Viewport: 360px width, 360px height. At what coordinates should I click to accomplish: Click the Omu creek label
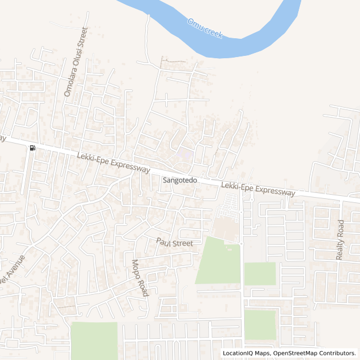click(205, 28)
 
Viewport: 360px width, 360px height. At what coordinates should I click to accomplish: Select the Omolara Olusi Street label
click(76, 62)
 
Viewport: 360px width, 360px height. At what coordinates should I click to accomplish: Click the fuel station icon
click(32, 148)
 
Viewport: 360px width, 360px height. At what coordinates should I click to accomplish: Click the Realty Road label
click(339, 239)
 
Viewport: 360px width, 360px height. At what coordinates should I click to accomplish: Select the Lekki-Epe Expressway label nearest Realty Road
click(258, 189)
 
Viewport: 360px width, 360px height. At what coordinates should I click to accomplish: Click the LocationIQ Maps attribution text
click(245, 354)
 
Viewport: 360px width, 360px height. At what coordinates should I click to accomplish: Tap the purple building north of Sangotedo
click(185, 155)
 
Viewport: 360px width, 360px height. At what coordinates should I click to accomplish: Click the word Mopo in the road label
click(136, 269)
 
